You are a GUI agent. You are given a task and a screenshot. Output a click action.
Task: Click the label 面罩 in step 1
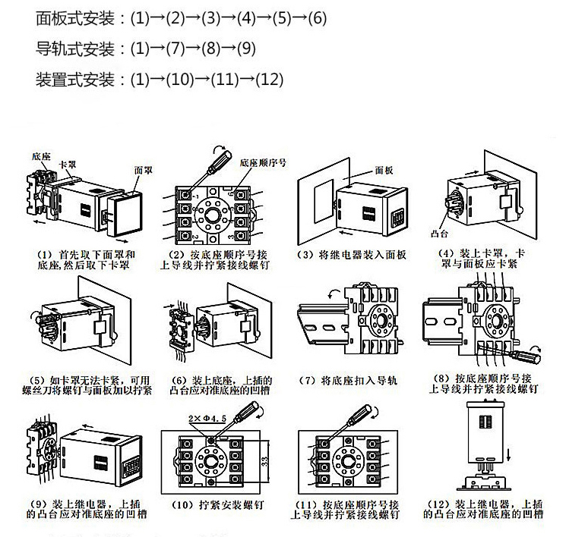pos(142,171)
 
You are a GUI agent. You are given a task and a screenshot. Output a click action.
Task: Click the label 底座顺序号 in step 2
pos(261,162)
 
